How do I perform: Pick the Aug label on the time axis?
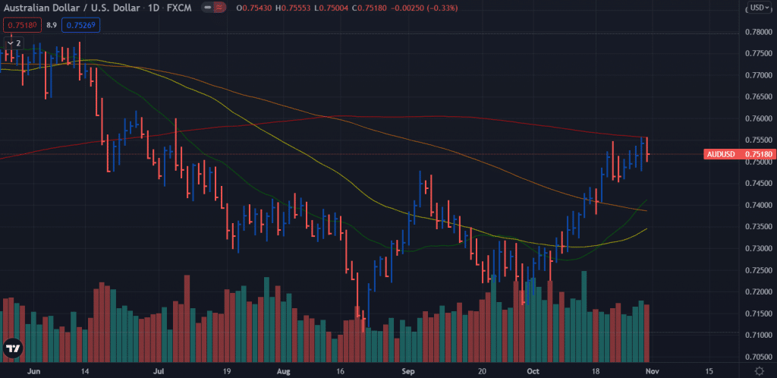283,372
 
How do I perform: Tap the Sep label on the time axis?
408,372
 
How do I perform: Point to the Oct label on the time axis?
533,372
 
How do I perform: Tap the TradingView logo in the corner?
13,348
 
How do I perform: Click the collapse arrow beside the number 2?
9,43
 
